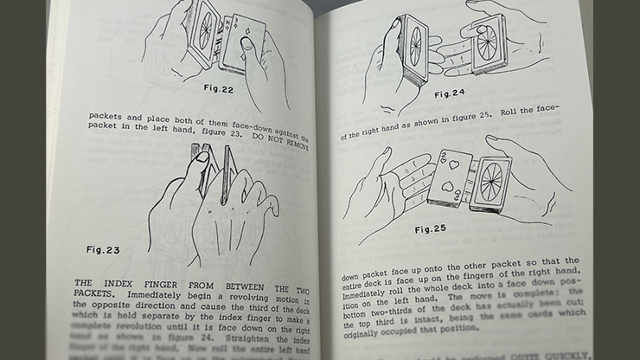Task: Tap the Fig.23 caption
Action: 103,250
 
